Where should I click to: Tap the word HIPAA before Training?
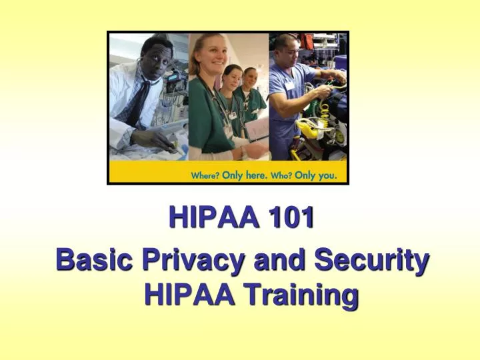(189, 294)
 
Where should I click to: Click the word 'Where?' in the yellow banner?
(205, 176)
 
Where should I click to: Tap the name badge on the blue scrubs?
(290, 85)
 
